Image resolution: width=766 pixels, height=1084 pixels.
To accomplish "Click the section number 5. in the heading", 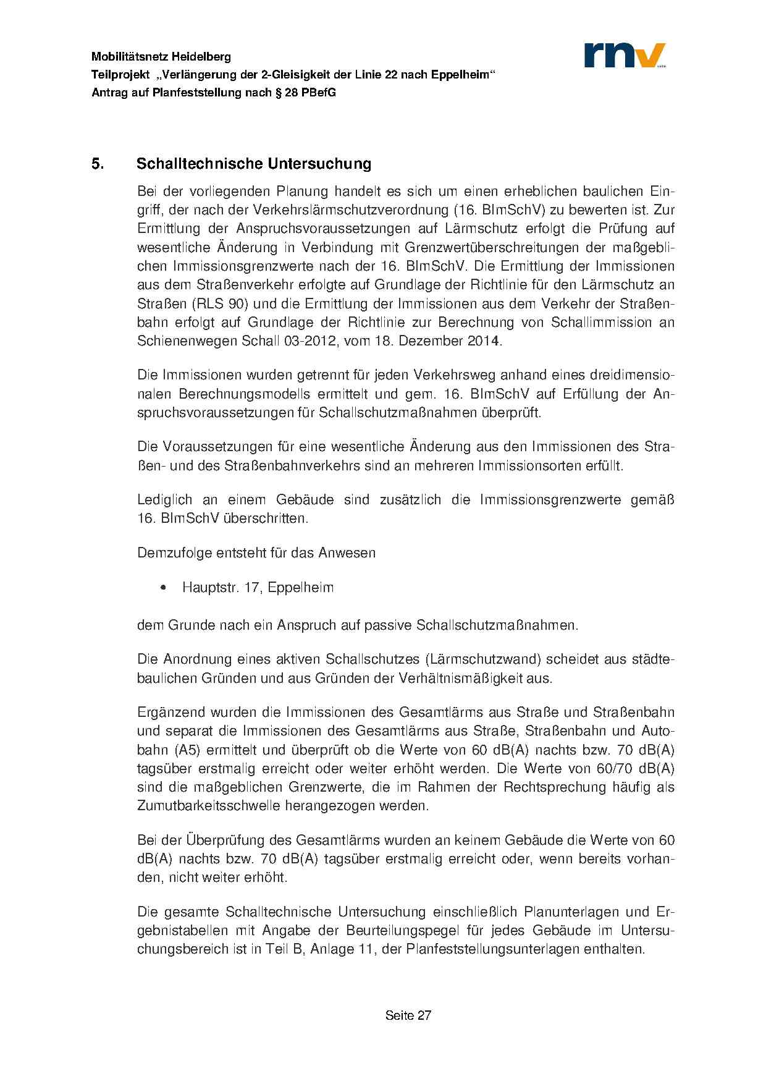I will (x=96, y=164).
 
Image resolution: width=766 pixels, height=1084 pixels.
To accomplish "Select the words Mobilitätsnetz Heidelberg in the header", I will (x=161, y=57).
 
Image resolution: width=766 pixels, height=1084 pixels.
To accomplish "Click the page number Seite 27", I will (x=408, y=1015).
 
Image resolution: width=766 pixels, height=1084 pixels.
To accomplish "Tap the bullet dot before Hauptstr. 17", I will (x=163, y=588).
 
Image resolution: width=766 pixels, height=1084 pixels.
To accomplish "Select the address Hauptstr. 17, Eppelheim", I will (x=258, y=588).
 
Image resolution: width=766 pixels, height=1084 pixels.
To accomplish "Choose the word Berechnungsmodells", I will (x=239, y=394).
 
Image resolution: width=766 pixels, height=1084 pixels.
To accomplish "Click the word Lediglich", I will (x=164, y=499).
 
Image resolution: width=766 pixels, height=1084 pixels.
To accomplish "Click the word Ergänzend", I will (x=170, y=712).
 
